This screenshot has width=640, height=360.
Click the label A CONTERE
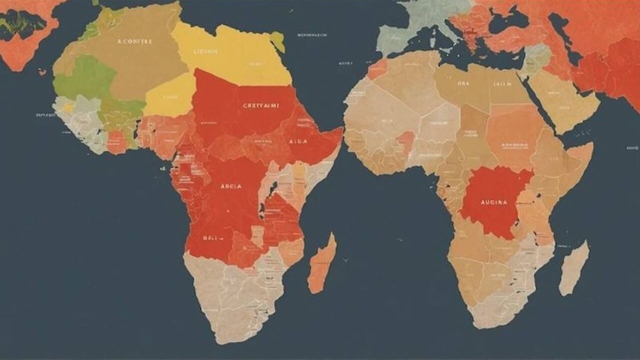pos(134,41)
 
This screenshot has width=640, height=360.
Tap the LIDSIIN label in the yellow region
pos(205,51)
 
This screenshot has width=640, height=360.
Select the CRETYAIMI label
pos(261,105)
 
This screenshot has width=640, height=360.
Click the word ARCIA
pos(231,186)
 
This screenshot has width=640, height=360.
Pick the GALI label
pos(210,238)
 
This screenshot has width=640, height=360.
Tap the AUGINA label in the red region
pos(493,202)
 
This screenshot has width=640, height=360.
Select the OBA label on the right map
pos(463,84)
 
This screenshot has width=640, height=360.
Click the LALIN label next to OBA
pos(502,84)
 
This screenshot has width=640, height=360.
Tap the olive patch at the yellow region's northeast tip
pos(278,41)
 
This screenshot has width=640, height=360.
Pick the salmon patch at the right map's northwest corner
pos(377,68)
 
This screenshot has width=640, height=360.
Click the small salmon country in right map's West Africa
pos(406,141)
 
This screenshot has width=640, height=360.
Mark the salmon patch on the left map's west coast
pos(116,142)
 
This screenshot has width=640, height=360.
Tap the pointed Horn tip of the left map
pos(341,131)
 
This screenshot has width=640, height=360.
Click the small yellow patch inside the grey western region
pos(68,107)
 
